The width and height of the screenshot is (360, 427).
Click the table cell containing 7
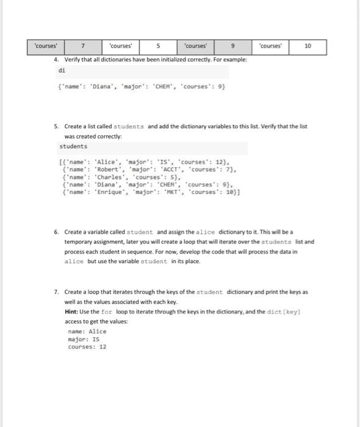pos(84,46)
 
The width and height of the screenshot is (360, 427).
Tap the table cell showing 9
pos(233,46)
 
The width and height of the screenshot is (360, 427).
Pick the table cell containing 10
pos(308,46)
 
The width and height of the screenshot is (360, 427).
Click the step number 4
pos(56,59)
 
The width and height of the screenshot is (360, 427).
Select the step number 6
pos(56,232)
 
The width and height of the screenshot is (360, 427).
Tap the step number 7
pos(56,292)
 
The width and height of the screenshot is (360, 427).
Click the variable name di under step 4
pos(61,70)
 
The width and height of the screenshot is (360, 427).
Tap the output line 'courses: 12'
pos(87,346)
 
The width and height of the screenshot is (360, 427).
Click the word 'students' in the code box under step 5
pos(74,146)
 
